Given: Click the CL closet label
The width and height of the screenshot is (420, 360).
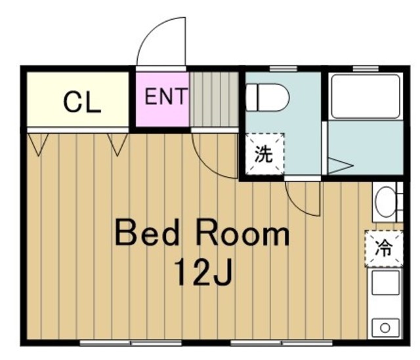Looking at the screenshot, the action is click(x=82, y=102).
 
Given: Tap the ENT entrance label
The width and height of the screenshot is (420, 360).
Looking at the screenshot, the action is click(x=165, y=96).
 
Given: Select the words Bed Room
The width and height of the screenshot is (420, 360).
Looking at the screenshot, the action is click(x=202, y=233).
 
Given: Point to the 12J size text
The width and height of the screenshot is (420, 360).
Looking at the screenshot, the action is click(x=203, y=273).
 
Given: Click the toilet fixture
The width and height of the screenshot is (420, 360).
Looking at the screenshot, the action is click(x=268, y=98).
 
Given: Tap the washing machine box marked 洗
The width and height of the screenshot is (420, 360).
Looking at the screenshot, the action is click(x=265, y=154).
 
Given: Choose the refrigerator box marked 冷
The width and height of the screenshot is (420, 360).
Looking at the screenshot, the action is click(x=384, y=249).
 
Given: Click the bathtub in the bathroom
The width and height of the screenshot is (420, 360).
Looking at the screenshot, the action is click(x=366, y=96).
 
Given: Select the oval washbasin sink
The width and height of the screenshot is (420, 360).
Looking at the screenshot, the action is click(x=385, y=202).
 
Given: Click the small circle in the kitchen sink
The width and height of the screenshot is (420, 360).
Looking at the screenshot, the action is click(x=385, y=328).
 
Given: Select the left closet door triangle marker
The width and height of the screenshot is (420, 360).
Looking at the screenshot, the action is click(x=38, y=144).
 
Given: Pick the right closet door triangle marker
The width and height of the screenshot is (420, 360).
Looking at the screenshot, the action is click(x=117, y=144).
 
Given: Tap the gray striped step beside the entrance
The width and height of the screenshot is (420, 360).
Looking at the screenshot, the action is click(x=214, y=99).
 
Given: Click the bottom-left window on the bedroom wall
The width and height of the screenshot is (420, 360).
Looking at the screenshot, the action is click(x=131, y=343).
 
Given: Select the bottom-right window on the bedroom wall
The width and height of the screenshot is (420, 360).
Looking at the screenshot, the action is click(x=282, y=343).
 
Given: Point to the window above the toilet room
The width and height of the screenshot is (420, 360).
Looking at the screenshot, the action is click(x=283, y=69).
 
